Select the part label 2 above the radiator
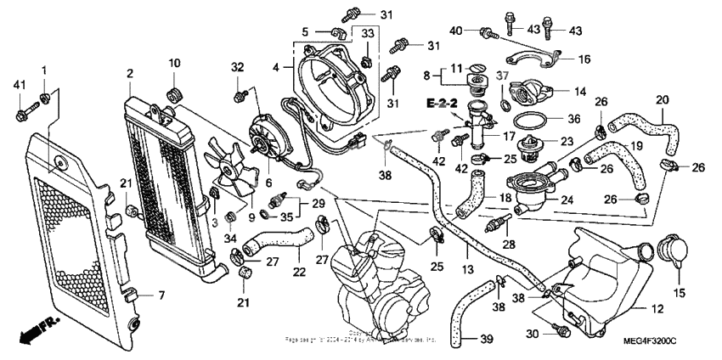coord(129,75)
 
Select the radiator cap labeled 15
coord(668,253)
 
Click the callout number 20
coord(663,99)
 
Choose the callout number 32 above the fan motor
coord(237,67)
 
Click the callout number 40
coord(455,31)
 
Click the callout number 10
coord(174,63)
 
